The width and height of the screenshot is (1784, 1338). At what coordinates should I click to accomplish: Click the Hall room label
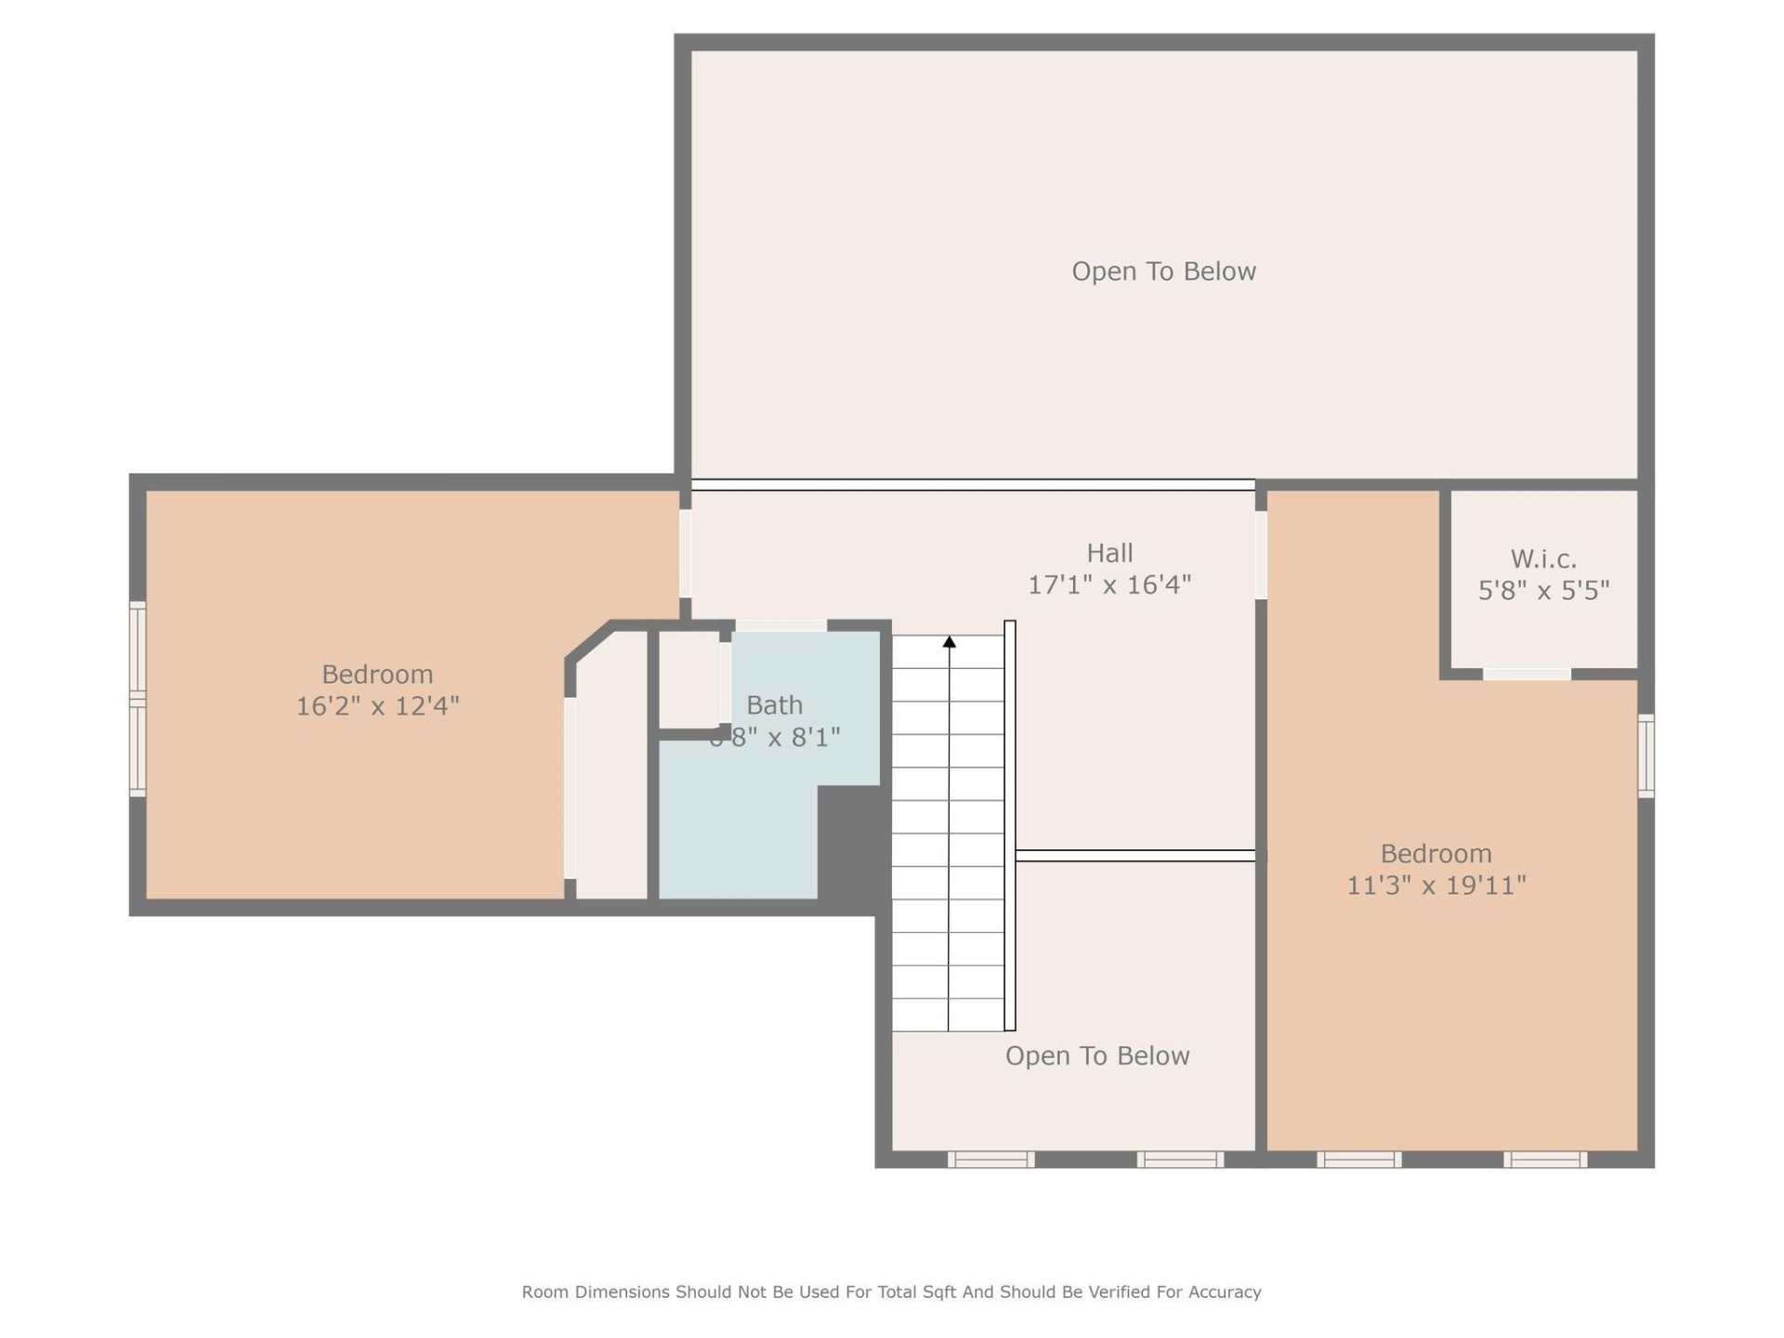click(1109, 553)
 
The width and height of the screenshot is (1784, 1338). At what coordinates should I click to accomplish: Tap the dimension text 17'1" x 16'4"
click(1109, 584)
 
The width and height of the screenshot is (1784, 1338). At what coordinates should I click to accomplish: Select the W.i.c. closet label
click(1543, 558)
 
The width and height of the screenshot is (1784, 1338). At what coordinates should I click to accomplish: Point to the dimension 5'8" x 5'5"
click(1543, 590)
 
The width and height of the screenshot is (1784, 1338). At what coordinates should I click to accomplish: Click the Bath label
click(774, 705)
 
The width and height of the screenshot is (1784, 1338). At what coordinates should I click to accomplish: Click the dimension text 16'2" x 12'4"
click(377, 706)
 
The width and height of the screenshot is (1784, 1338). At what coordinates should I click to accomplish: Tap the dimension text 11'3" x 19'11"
click(1436, 885)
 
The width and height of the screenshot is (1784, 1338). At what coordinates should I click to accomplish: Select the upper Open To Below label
click(1163, 271)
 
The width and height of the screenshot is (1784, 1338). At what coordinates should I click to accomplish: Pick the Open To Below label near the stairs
click(1097, 1056)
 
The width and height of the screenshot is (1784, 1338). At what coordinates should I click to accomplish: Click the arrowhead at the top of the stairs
click(950, 642)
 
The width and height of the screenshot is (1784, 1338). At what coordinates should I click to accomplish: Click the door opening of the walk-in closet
click(1527, 674)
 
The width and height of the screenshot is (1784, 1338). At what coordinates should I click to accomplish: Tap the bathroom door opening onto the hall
click(780, 625)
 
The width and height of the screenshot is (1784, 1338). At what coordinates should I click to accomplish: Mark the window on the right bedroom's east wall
click(1646, 755)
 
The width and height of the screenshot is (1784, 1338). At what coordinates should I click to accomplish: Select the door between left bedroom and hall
click(686, 553)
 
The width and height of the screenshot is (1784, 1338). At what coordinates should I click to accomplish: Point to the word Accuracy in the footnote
click(1224, 1292)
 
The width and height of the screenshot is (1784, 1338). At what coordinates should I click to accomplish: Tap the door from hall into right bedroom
click(1261, 555)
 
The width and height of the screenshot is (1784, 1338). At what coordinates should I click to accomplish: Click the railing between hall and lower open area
click(1135, 856)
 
